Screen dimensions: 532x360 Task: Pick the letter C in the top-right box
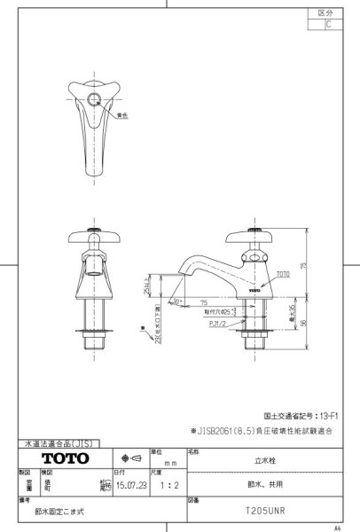(329, 25)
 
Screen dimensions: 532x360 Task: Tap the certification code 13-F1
(331, 415)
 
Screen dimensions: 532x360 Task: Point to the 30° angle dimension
(179, 301)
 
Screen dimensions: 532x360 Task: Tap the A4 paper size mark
(348, 526)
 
